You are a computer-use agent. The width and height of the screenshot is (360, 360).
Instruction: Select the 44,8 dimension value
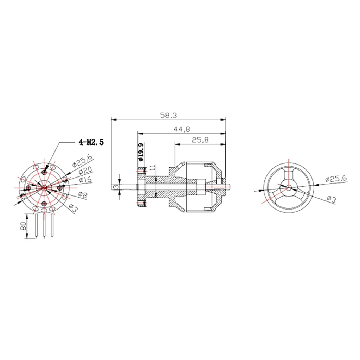click(181, 129)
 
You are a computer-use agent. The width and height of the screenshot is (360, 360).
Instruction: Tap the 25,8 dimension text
click(200, 140)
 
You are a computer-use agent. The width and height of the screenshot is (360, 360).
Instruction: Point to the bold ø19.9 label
click(140, 152)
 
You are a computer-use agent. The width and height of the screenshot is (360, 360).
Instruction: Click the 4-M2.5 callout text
click(91, 142)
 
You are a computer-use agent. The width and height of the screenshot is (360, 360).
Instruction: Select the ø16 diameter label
click(85, 180)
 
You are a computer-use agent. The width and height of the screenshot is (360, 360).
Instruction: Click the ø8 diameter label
click(83, 194)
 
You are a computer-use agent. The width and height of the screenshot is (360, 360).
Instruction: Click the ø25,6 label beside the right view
click(336, 179)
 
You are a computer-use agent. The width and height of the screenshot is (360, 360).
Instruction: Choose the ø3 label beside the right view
click(331, 199)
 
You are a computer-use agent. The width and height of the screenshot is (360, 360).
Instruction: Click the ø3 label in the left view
click(73, 208)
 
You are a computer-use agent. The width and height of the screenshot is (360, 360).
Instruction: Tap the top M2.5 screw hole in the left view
click(44, 172)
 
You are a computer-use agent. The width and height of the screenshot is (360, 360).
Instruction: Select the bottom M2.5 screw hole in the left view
click(44, 204)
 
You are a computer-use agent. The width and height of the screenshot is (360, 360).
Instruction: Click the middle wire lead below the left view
click(44, 225)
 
